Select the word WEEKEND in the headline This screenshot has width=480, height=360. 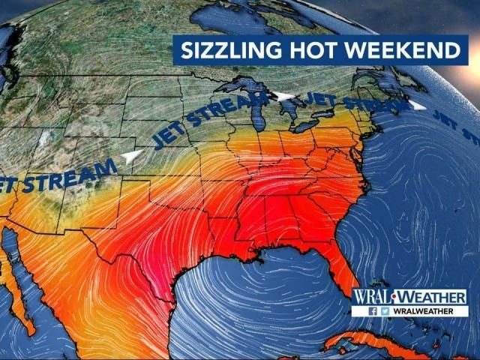(x=400, y=51)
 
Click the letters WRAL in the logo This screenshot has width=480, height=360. (x=373, y=297)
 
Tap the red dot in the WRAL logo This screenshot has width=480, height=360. (x=395, y=297)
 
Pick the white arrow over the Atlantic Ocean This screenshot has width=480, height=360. (x=417, y=106)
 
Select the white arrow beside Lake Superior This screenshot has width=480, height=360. (x=283, y=96)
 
